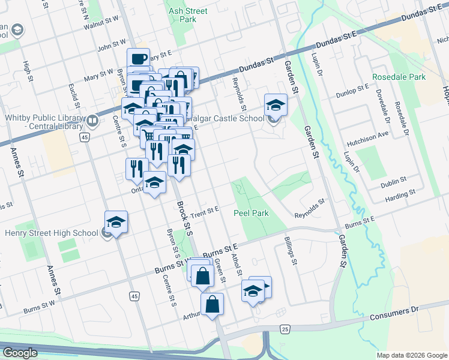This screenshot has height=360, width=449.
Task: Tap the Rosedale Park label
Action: pyautogui.click(x=398, y=77)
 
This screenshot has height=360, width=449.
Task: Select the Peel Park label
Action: pyautogui.click(x=251, y=213)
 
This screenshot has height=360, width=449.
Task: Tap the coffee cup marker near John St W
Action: pyautogui.click(x=139, y=58)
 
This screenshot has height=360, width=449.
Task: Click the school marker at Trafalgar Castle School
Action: pyautogui.click(x=276, y=104)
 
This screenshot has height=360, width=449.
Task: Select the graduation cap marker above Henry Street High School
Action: pyautogui.click(x=116, y=221)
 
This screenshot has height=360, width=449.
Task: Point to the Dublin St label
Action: pyautogui.click(x=394, y=179)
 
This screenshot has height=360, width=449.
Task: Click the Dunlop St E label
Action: pyautogui.click(x=354, y=88)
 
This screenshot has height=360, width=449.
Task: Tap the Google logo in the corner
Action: pyautogui.click(x=20, y=353)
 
